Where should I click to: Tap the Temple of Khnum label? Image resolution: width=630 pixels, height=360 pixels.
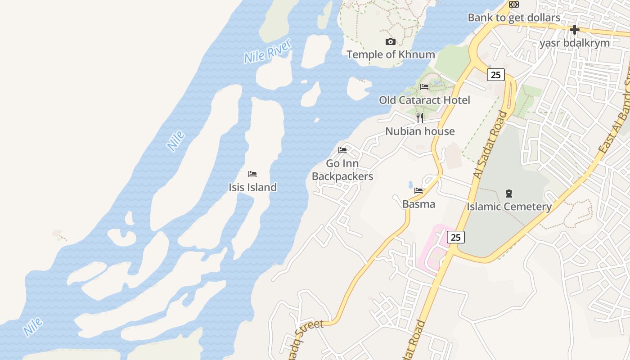[x=391, y=54]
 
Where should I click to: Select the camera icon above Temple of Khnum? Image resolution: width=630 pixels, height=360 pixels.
[x=391, y=42]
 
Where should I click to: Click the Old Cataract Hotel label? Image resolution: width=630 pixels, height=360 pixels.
[x=424, y=100]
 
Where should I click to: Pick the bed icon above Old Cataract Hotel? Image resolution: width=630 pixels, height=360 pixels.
[x=424, y=87]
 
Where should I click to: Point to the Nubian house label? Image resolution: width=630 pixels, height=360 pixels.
[x=420, y=131]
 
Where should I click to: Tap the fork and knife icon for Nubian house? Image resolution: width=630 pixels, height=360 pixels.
[x=420, y=118]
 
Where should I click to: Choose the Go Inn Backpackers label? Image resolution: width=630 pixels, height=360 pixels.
[x=342, y=170]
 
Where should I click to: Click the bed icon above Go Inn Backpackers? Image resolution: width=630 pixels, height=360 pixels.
[x=342, y=150]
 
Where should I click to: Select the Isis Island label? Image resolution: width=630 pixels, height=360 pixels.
[x=252, y=187]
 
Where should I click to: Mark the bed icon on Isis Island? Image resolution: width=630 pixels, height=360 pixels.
[x=252, y=174]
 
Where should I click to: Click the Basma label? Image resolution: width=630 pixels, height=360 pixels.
[x=418, y=204]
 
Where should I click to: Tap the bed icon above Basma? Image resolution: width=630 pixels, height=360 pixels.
[x=418, y=191]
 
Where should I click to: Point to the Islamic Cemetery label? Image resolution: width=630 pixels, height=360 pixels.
[x=509, y=207]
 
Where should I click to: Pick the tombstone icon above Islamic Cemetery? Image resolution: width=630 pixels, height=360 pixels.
[x=509, y=193]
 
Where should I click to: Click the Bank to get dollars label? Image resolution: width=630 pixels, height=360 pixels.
[x=514, y=18]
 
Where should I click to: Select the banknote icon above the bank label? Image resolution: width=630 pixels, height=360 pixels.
[x=514, y=4]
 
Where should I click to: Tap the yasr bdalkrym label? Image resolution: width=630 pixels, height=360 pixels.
[x=575, y=43]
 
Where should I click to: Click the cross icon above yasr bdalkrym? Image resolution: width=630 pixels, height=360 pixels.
[x=575, y=30]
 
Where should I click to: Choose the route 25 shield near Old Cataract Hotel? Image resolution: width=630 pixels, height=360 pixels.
[x=495, y=75]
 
